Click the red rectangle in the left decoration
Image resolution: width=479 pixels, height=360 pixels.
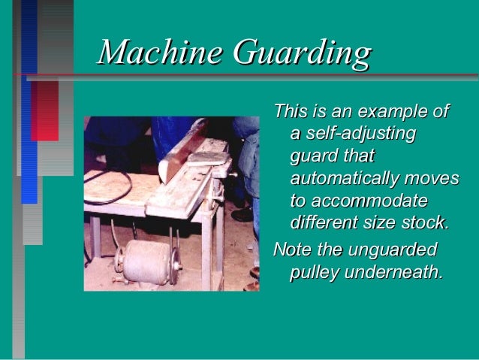tap(44, 110)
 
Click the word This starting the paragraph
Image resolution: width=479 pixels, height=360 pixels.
tap(290, 113)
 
